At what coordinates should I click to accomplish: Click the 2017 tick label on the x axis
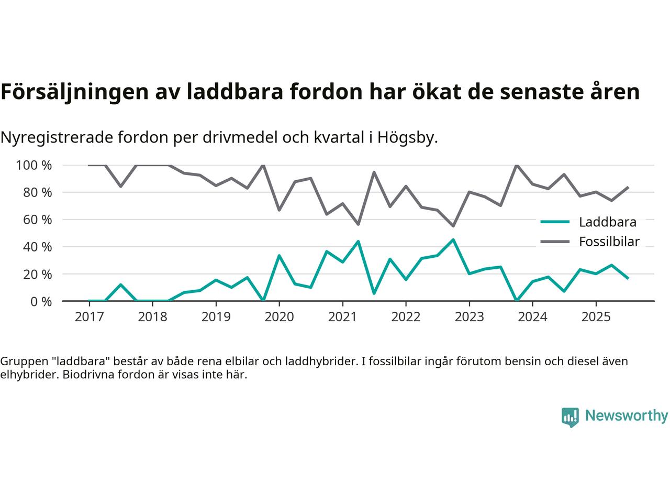tap(89, 317)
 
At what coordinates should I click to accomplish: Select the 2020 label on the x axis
tap(279, 317)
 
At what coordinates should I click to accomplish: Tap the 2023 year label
tap(469, 317)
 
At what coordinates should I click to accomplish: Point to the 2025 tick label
tap(596, 317)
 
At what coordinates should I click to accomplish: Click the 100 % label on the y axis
tap(34, 166)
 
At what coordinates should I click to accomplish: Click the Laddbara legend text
tap(608, 222)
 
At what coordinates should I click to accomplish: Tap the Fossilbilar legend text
tap(609, 242)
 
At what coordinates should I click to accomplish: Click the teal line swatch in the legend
tap(555, 222)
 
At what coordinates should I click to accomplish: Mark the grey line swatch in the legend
tap(555, 242)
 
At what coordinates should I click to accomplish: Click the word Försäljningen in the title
tap(74, 92)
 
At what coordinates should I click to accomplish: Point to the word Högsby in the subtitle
tap(409, 138)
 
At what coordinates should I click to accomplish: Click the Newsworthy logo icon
tap(570, 417)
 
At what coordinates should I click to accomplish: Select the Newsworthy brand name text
tap(627, 416)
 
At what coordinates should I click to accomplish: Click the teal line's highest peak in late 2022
tap(453, 239)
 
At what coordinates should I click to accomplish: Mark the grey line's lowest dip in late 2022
tap(453, 226)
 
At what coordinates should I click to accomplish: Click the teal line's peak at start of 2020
tap(279, 255)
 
